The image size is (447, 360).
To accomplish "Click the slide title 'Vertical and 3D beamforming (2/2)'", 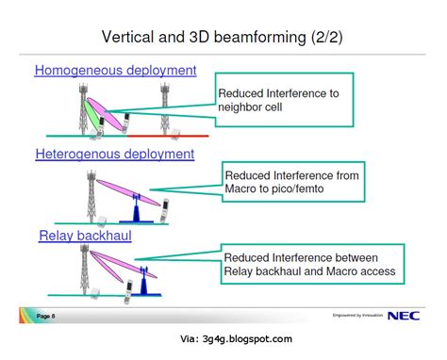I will click(x=223, y=37).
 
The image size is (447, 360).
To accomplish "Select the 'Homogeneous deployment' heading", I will click(x=115, y=70).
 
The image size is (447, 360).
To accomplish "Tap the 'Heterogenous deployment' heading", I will click(x=114, y=154).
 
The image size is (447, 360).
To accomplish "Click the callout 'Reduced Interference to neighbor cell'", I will click(x=279, y=101).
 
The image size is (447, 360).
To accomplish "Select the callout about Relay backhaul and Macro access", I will click(x=311, y=265).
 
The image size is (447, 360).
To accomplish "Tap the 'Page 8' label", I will click(x=45, y=317).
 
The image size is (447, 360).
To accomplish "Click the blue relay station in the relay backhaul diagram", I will click(x=144, y=279).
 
